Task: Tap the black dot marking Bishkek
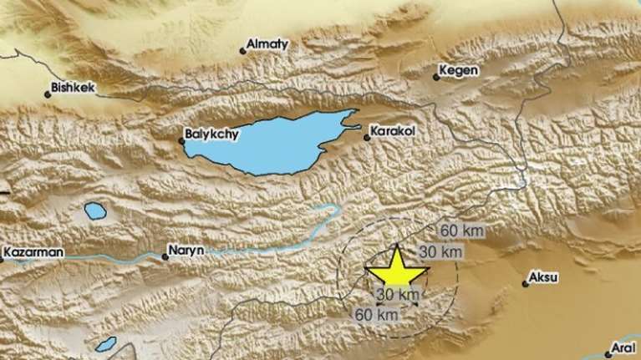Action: pos(48,94)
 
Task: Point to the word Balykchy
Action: pos(206,131)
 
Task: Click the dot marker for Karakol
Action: pos(367,138)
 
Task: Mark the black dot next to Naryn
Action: pos(165,256)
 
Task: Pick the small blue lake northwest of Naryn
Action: pos(95,210)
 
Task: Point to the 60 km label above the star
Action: pos(460,230)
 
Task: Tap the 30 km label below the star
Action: pos(397,294)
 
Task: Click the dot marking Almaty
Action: pos(243,51)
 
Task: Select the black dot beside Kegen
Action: pos(435,78)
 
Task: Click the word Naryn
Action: pos(186,250)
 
